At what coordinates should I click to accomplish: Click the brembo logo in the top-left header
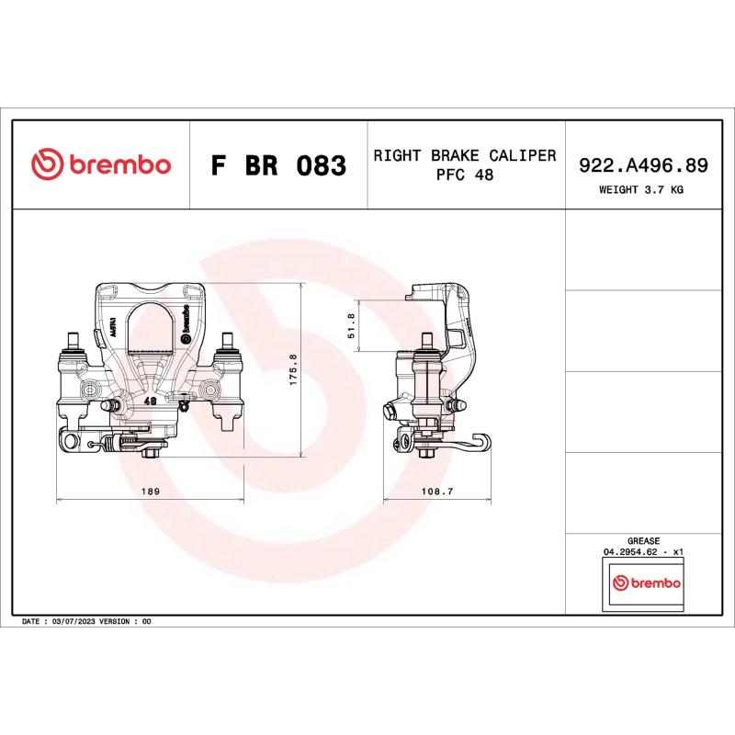(x=101, y=165)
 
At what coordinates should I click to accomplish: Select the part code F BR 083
(x=278, y=166)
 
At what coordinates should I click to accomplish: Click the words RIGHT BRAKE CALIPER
(x=465, y=155)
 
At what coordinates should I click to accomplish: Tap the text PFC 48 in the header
(x=465, y=175)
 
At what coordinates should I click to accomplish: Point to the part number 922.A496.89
(x=642, y=165)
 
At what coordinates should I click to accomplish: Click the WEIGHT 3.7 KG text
(x=641, y=190)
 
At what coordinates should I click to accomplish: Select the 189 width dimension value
(x=151, y=492)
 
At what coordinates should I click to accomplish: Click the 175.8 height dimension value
(x=294, y=370)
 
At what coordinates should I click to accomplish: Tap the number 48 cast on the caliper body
(x=150, y=401)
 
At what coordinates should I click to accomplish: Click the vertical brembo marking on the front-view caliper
(x=185, y=319)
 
